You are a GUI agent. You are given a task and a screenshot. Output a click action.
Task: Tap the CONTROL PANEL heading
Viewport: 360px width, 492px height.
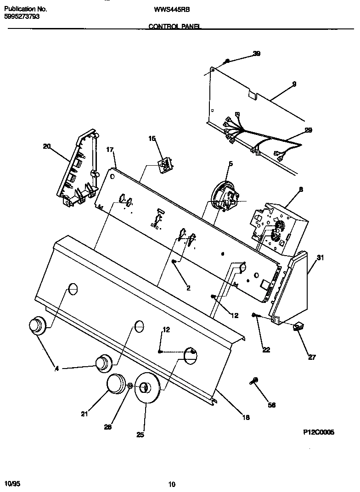175,27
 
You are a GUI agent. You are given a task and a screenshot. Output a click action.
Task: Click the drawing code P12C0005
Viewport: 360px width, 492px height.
319,432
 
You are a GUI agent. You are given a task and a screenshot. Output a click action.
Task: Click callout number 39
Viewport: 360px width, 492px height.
256,54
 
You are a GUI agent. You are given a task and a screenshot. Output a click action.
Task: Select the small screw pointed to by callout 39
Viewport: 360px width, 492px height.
227,61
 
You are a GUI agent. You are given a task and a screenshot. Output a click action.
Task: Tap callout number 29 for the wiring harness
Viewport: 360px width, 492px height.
308,130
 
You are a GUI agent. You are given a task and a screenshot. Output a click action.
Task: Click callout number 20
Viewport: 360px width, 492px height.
46,146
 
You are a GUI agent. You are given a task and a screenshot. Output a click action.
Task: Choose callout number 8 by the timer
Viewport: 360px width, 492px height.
301,189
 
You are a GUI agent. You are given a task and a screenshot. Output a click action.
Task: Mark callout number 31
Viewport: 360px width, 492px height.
320,258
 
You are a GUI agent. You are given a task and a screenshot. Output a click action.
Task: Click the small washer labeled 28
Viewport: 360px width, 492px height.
130,386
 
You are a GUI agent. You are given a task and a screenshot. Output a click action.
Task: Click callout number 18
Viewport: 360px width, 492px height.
246,417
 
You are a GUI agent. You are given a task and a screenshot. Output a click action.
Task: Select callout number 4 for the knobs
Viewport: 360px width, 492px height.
57,368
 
